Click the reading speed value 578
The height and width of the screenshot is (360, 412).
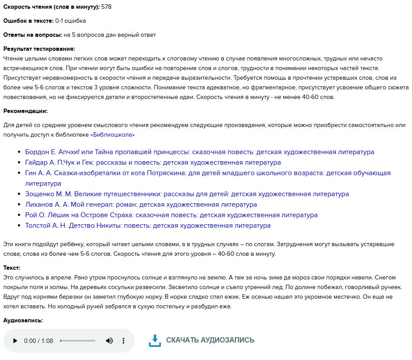[x=106, y=7]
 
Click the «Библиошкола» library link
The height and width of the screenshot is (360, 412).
[x=113, y=135]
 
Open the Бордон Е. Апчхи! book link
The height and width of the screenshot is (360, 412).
[x=200, y=152]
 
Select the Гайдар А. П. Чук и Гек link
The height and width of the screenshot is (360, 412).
[x=153, y=162]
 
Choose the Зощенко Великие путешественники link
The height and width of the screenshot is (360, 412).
[x=187, y=194]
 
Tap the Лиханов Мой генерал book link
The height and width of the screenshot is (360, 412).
[x=141, y=205]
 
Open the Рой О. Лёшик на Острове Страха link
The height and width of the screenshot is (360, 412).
[x=171, y=215]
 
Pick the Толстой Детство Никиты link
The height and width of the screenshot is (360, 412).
[x=148, y=226]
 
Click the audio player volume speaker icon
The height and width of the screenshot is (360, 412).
[x=109, y=341]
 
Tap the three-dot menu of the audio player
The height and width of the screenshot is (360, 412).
[x=123, y=341]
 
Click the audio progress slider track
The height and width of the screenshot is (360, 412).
[x=77, y=341]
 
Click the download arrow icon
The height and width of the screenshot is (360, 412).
[x=155, y=341]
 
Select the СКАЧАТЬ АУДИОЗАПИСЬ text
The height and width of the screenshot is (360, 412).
[x=210, y=340]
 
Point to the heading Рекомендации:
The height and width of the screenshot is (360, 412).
[x=25, y=111]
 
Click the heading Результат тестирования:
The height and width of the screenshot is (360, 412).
[x=39, y=49]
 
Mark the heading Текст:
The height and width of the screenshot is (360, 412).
[x=12, y=268]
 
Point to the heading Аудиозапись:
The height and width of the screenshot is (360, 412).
[x=23, y=321]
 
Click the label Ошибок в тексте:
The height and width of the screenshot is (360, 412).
[x=28, y=21]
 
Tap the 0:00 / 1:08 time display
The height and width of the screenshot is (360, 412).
[x=39, y=341]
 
